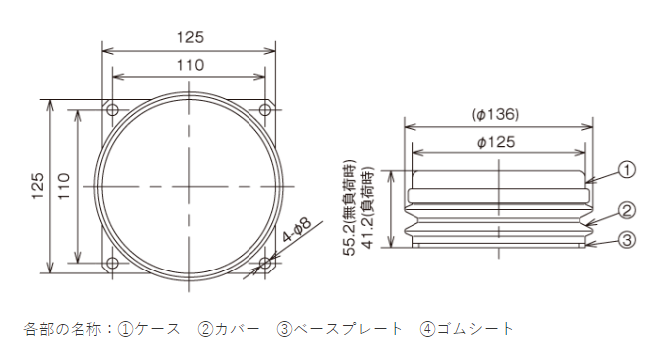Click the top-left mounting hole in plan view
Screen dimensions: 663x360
pos(112,110)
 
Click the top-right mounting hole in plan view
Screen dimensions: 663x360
pos(265,110)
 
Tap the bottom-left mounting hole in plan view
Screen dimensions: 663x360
pos(112,264)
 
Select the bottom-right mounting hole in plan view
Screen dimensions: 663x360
pos(265,264)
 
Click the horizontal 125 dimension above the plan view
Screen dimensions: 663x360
pos(190,37)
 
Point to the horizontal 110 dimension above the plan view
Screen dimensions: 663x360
pos(190,65)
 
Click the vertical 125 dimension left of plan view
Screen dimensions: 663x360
pos(37,186)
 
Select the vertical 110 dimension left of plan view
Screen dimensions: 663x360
pos(63,186)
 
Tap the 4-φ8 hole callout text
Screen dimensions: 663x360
pos(297,230)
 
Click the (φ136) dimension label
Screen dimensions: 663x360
pos(495,114)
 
